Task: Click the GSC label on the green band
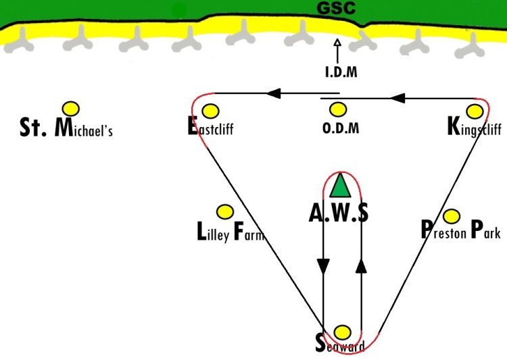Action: [336, 9]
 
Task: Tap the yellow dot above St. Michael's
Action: [70, 108]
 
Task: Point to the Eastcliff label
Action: [210, 128]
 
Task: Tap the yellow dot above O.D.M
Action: [338, 109]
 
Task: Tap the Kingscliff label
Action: [475, 127]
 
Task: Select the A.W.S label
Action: [339, 213]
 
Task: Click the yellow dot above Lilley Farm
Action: [224, 212]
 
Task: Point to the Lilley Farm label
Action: [229, 233]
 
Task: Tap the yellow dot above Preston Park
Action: [452, 215]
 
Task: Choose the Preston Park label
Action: [460, 232]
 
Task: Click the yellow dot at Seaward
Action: [343, 332]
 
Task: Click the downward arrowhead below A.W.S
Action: [323, 266]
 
